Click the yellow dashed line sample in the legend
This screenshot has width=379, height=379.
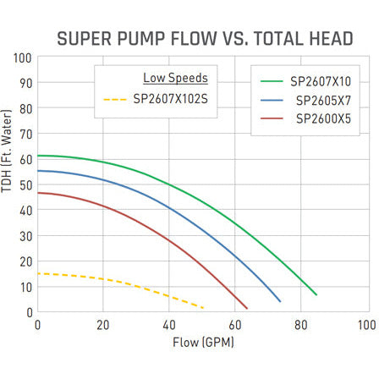point(115,99)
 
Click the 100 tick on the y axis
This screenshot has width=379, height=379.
point(23,58)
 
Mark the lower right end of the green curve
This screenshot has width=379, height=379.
point(316,294)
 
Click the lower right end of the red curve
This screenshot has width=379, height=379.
point(246,308)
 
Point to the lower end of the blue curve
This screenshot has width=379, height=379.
point(280,301)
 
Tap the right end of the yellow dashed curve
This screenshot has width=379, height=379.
point(204,306)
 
